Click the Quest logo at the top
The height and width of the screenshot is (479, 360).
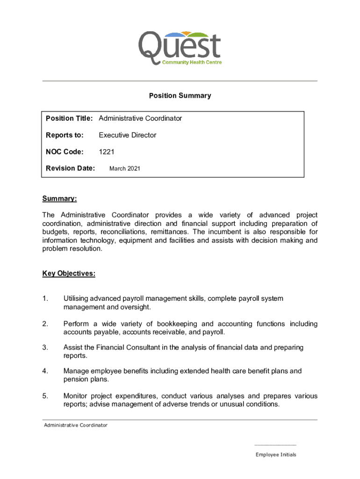coord(180,48)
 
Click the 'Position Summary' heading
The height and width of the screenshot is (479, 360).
coord(180,96)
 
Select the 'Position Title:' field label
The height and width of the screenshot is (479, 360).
coord(71,118)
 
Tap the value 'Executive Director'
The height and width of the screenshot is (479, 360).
coord(127,135)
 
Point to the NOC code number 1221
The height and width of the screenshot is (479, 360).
coord(107,152)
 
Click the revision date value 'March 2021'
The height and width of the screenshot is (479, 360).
coord(124,168)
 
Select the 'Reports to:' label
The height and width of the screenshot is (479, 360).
coord(65,135)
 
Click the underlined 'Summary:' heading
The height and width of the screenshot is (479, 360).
coord(59,199)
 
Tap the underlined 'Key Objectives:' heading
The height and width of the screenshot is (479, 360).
coord(69,274)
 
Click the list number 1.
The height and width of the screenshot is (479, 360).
coord(45,298)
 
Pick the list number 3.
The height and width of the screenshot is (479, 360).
coord(45,348)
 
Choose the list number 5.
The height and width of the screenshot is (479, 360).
coord(45,396)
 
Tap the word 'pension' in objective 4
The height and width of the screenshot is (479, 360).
coord(75,379)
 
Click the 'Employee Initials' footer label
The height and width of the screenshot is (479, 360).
coord(276,455)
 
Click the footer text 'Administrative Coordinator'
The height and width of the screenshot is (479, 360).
coord(76,425)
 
